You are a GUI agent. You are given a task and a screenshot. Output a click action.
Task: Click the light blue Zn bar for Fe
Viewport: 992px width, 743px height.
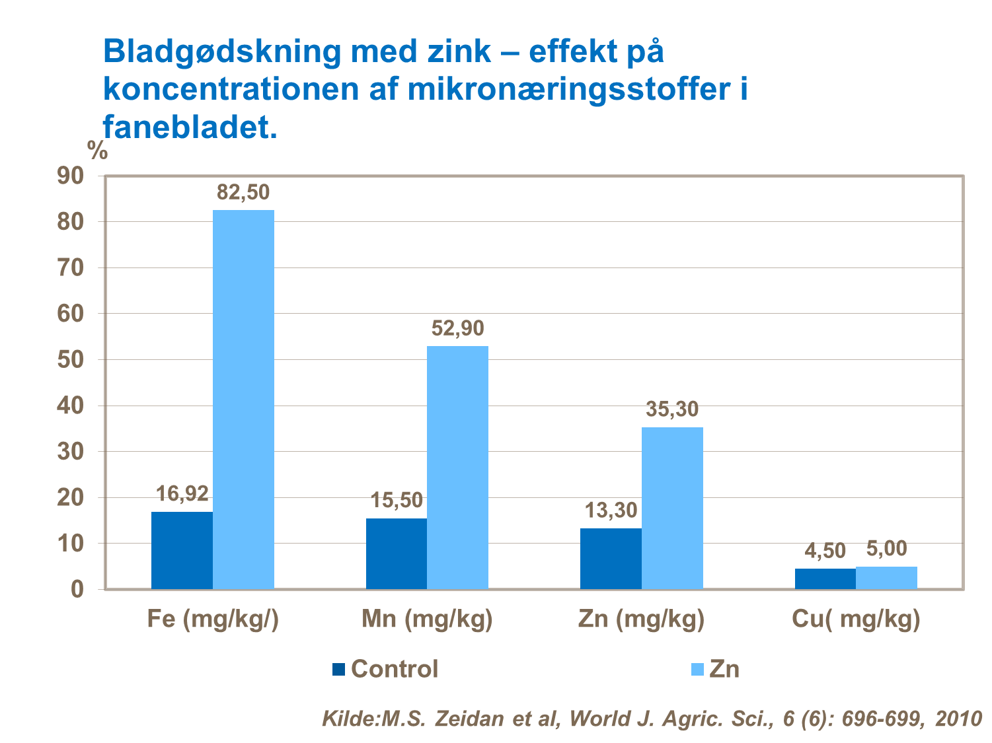(x=243, y=399)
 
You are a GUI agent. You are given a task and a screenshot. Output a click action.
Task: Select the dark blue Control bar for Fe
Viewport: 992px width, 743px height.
(x=182, y=550)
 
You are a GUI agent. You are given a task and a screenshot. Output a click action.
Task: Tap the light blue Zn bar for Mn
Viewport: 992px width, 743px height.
(x=457, y=467)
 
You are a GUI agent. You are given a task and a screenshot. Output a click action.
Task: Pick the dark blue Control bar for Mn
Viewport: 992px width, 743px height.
(x=396, y=553)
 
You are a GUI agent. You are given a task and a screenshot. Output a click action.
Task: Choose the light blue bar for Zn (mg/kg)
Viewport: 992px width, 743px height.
(x=672, y=508)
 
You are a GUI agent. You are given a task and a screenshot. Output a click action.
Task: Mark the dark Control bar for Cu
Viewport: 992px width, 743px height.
(x=825, y=579)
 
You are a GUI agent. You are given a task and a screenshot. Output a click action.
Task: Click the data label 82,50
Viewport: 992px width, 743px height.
(x=243, y=192)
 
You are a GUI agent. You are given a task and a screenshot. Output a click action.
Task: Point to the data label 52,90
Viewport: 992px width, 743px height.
(x=457, y=328)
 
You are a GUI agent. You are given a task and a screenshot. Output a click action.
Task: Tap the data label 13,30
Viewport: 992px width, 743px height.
(x=611, y=511)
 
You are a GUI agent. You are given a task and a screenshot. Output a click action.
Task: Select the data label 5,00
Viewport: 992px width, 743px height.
(x=886, y=549)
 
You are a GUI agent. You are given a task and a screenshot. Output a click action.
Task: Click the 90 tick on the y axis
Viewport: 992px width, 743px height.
(x=71, y=176)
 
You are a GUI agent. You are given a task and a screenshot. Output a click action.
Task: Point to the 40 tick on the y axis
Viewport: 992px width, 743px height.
(x=71, y=406)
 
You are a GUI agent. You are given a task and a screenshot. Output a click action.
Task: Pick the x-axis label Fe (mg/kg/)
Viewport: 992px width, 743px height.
(x=213, y=619)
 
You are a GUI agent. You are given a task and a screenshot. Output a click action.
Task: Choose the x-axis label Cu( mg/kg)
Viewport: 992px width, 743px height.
(x=856, y=619)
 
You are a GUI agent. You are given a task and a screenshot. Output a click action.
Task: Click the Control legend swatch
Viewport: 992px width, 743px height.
(x=338, y=669)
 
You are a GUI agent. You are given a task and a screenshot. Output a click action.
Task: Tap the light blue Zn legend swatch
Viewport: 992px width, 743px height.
(x=697, y=669)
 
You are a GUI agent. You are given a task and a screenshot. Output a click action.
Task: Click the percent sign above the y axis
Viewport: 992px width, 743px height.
(x=97, y=151)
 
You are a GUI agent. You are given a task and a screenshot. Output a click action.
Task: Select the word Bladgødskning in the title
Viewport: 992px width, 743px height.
(x=222, y=52)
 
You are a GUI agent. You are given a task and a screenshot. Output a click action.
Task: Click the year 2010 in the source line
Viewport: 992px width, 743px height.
(x=958, y=719)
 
